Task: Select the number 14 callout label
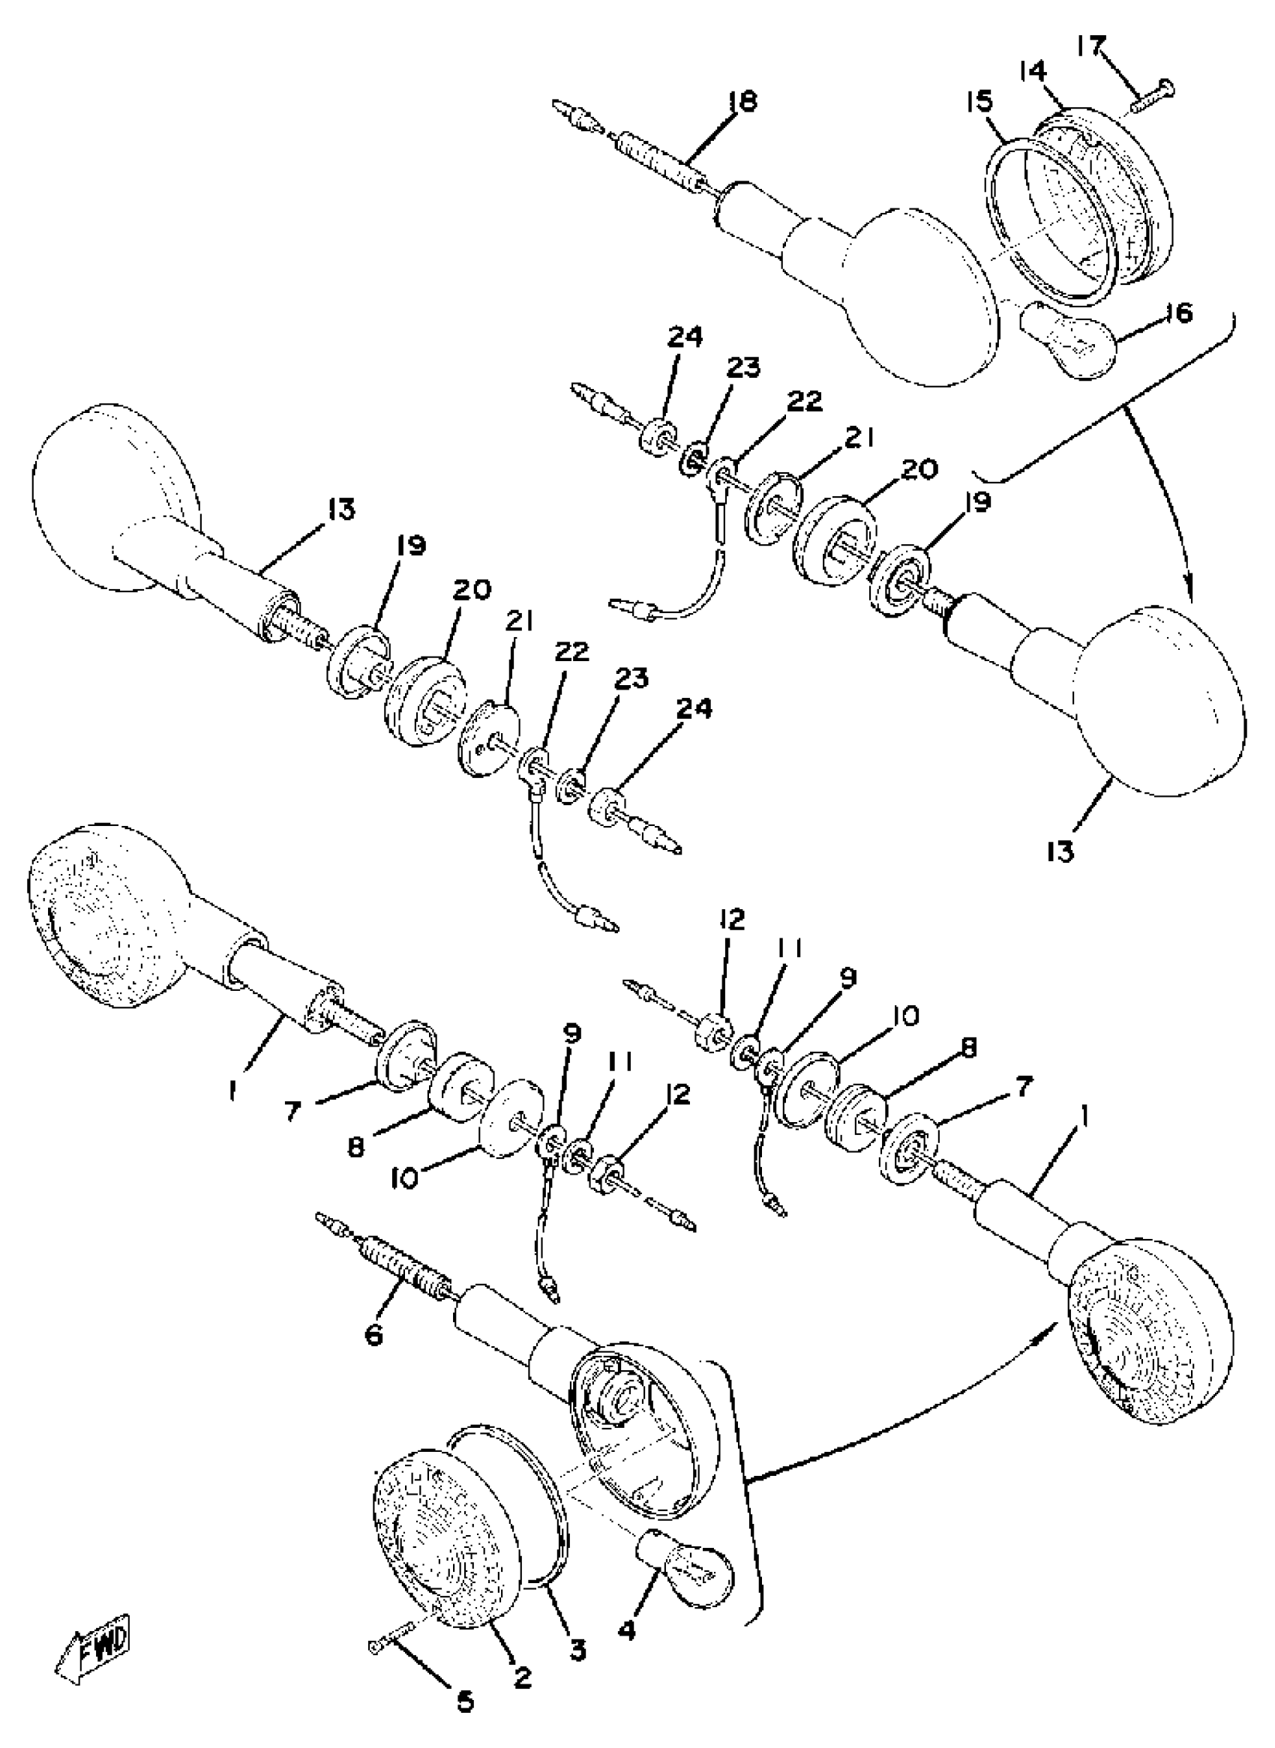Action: (1032, 72)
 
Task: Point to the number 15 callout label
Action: (980, 103)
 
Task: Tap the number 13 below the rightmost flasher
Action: (1060, 852)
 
